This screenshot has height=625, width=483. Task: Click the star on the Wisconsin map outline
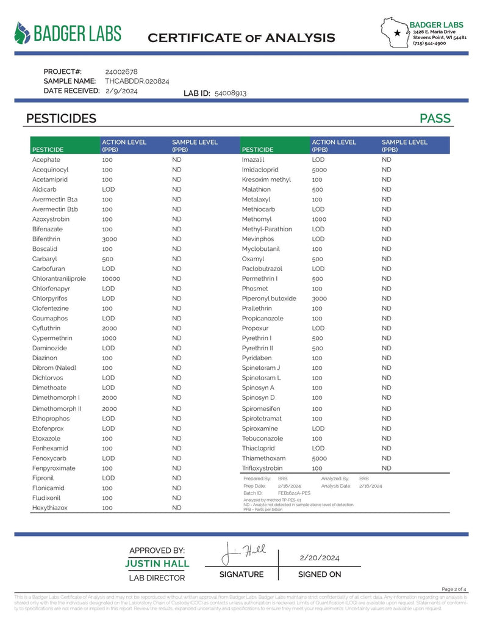pyautogui.click(x=398, y=32)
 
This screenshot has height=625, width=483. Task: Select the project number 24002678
pyautogui.click(x=121, y=71)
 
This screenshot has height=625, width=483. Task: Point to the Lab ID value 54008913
pyautogui.click(x=231, y=93)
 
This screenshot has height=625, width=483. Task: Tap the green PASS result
pyautogui.click(x=435, y=118)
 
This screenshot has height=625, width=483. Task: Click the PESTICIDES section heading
pyautogui.click(x=61, y=118)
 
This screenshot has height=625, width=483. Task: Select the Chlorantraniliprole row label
pyautogui.click(x=59, y=278)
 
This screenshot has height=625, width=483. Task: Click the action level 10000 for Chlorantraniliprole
pyautogui.click(x=112, y=278)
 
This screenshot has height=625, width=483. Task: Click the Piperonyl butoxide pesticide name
pyautogui.click(x=269, y=298)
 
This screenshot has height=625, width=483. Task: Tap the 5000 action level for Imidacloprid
pyautogui.click(x=320, y=169)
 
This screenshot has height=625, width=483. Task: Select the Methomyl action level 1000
pyautogui.click(x=320, y=219)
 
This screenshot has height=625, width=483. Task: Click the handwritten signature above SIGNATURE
pyautogui.click(x=244, y=552)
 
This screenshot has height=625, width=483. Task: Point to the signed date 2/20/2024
pyautogui.click(x=320, y=558)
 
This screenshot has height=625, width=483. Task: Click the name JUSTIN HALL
pyautogui.click(x=157, y=563)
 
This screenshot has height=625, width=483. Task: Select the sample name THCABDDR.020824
pyautogui.click(x=137, y=81)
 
